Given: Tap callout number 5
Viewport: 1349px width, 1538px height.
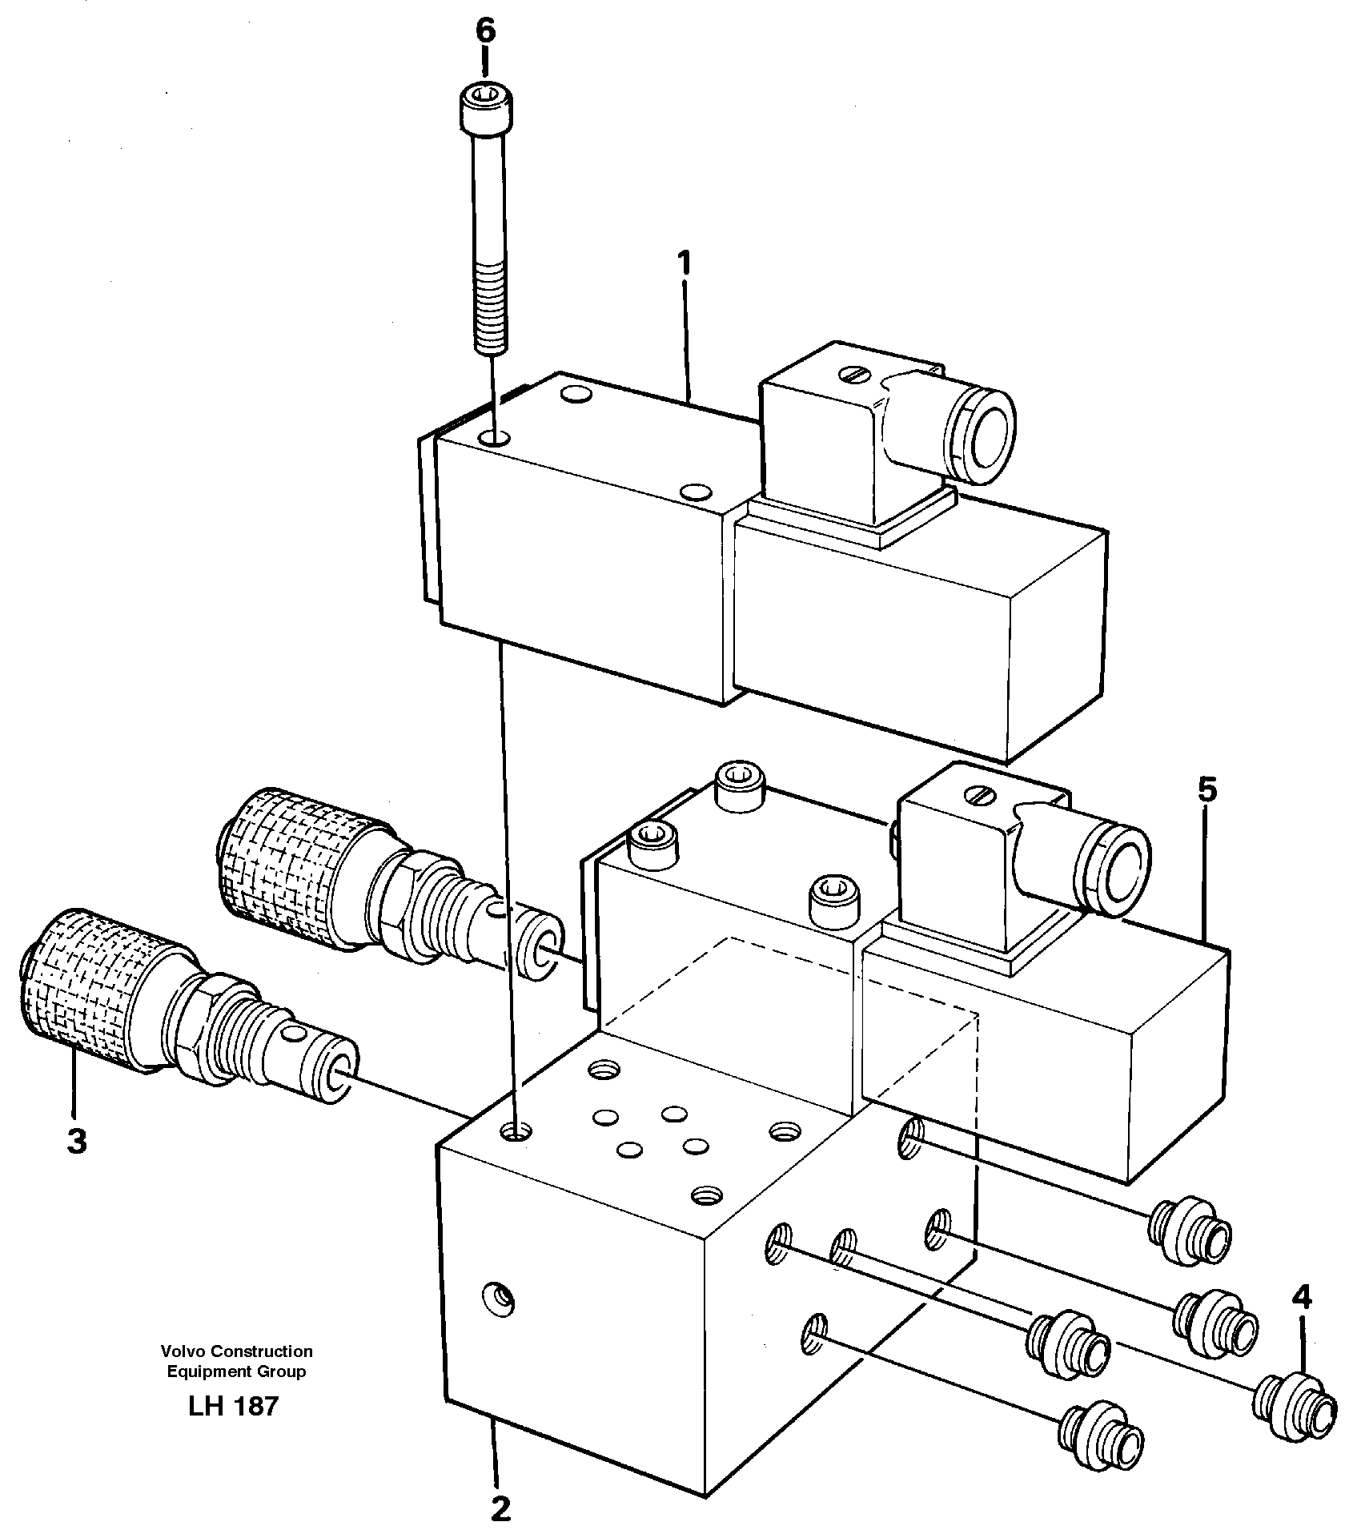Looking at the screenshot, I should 1207,790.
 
